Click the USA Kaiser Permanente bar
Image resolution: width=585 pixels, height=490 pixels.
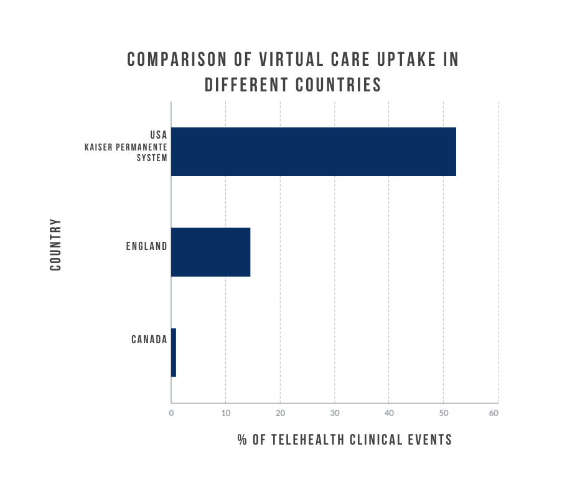pyautogui.click(x=313, y=152)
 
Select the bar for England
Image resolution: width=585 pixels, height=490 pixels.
pyautogui.click(x=210, y=252)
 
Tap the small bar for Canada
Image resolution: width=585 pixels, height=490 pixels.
pyautogui.click(x=174, y=353)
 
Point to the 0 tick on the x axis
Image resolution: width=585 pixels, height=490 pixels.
pyautogui.click(x=171, y=413)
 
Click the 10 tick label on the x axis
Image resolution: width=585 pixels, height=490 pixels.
pyautogui.click(x=225, y=413)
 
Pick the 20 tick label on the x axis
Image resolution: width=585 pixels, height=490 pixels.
pyautogui.click(x=280, y=413)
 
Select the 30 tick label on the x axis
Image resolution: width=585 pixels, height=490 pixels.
pyautogui.click(x=335, y=413)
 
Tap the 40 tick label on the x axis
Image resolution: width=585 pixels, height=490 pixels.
pyautogui.click(x=389, y=413)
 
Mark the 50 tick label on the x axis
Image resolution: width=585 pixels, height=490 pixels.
pyautogui.click(x=443, y=413)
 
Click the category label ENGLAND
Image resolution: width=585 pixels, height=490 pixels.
pyautogui.click(x=146, y=246)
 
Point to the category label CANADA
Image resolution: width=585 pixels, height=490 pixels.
pyautogui.click(x=149, y=340)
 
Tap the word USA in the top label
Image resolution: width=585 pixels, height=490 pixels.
pyautogui.click(x=158, y=134)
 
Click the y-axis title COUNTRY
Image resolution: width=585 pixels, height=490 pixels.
pyautogui.click(x=55, y=244)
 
